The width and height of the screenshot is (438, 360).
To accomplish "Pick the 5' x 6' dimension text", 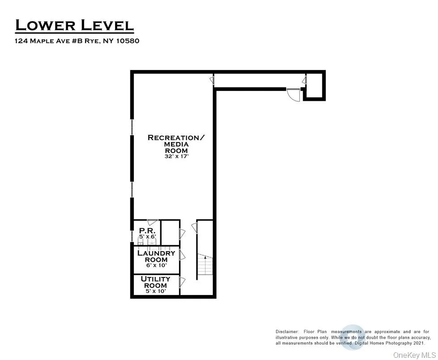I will (x=146, y=236).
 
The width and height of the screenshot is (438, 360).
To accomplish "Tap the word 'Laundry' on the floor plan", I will (x=156, y=253).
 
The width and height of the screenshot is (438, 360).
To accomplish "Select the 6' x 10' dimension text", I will (x=156, y=266).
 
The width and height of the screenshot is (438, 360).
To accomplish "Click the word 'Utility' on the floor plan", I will (x=156, y=279).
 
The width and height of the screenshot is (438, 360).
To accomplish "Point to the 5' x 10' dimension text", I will (x=156, y=291).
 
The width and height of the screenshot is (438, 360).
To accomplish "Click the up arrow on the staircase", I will (x=205, y=257).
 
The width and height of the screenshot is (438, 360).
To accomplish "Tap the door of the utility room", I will (x=182, y=282).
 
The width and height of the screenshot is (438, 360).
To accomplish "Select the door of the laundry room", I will (x=182, y=255).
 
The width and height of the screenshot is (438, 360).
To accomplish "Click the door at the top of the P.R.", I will (x=153, y=222).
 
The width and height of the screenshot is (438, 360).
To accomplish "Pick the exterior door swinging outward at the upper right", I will (x=292, y=95).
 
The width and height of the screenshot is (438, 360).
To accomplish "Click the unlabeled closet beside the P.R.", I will (x=170, y=232).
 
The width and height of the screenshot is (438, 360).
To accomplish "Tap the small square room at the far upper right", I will (x=313, y=85).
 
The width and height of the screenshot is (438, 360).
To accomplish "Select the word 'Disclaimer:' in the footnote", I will (x=287, y=331).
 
